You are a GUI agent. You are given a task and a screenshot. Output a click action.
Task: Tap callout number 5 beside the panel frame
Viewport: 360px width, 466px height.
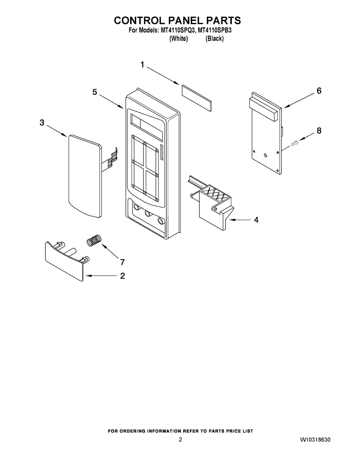(x=95, y=92)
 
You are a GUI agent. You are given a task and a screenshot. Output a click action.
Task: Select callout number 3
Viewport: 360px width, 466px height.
(x=42, y=123)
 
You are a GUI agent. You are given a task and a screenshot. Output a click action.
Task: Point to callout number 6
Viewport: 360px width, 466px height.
(x=319, y=91)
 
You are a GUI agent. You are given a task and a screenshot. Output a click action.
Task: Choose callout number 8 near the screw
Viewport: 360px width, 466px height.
(x=319, y=130)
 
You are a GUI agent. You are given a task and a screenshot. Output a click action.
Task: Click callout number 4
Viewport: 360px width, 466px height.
(x=256, y=220)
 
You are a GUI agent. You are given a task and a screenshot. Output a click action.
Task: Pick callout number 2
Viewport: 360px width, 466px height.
(x=122, y=276)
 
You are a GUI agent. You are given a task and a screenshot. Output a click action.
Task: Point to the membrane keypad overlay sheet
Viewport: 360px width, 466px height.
(x=83, y=175)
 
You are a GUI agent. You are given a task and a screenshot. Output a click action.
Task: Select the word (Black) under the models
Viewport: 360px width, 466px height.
(x=214, y=39)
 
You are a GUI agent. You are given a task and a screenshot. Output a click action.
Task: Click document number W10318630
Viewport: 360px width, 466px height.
(x=315, y=440)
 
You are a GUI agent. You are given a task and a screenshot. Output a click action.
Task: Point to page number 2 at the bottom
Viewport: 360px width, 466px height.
(x=180, y=440)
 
